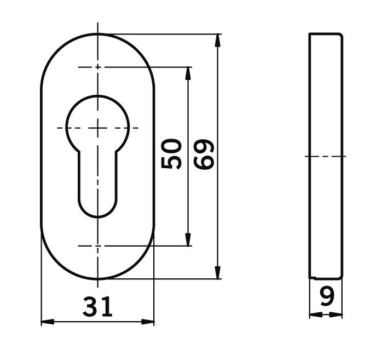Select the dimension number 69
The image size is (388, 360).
[x=205, y=155]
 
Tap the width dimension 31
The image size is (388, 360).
[x=98, y=307]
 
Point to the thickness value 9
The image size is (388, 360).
[x=327, y=297]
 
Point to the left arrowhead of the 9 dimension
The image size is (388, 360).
[x=314, y=315]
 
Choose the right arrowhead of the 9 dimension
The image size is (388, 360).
[x=338, y=315]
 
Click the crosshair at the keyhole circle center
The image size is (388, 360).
[x=98, y=128]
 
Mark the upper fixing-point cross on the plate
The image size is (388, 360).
[x=98, y=67]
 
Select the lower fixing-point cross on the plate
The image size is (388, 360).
[x=98, y=246]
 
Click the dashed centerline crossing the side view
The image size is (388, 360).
[x=326, y=156]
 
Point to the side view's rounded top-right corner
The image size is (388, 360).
[x=341, y=36]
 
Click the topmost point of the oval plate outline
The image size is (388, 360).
[x=98, y=34]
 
